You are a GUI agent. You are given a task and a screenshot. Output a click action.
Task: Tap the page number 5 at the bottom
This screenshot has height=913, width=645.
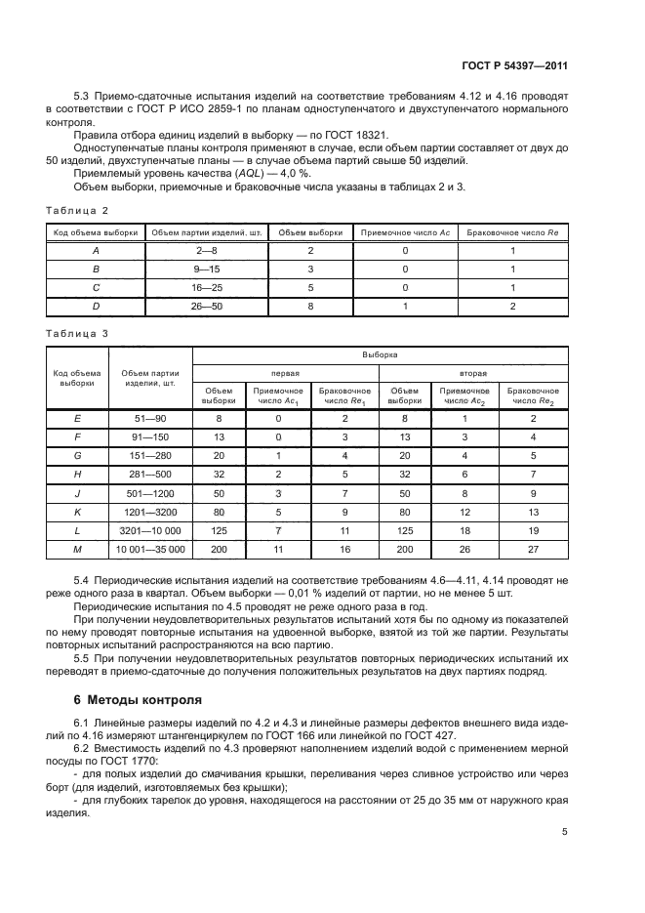(565, 832)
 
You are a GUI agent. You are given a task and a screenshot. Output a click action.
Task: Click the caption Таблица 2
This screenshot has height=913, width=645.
(77, 210)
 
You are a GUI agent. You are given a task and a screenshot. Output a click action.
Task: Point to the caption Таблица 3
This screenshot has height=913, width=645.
(77, 333)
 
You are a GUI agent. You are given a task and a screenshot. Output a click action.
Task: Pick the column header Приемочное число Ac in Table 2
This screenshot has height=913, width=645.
(405, 233)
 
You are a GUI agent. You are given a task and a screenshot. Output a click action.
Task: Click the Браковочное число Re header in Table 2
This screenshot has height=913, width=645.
(512, 233)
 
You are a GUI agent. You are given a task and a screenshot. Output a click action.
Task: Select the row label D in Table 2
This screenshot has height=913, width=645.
(96, 306)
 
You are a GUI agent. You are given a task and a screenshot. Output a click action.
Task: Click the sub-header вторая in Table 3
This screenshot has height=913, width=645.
(473, 373)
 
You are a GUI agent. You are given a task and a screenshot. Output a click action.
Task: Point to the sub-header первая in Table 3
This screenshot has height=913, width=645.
(285, 373)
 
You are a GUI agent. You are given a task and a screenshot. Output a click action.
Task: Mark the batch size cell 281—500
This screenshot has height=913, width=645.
(149, 473)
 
